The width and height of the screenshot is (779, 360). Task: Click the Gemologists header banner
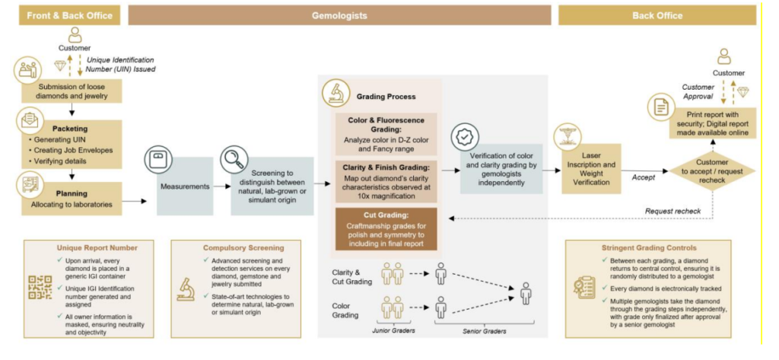(x=339, y=14)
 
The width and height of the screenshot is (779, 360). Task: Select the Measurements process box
(x=185, y=186)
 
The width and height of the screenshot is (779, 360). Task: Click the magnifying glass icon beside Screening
(x=233, y=161)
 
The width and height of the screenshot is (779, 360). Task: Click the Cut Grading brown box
(x=386, y=228)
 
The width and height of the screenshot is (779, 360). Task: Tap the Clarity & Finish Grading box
(x=386, y=177)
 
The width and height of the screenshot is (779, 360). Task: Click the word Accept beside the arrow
(x=644, y=177)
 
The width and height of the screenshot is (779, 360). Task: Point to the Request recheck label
(x=669, y=210)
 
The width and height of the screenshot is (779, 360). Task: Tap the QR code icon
(x=38, y=288)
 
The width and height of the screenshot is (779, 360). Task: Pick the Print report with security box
(x=711, y=123)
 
